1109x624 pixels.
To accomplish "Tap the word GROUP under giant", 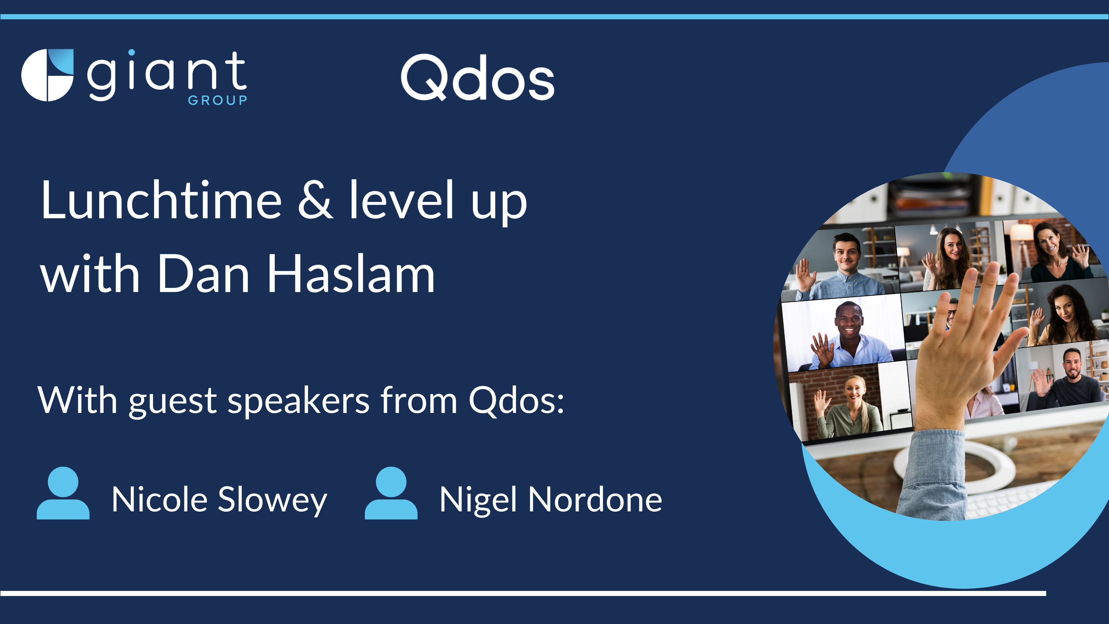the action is coord(217,100).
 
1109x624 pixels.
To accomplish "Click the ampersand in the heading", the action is coord(316,200).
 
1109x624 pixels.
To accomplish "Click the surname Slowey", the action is coord(273,500).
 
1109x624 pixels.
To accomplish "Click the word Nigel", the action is coord(478,500).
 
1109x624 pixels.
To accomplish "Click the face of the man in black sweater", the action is coord(1072,364).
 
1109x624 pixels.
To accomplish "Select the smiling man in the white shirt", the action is coord(850,336).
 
